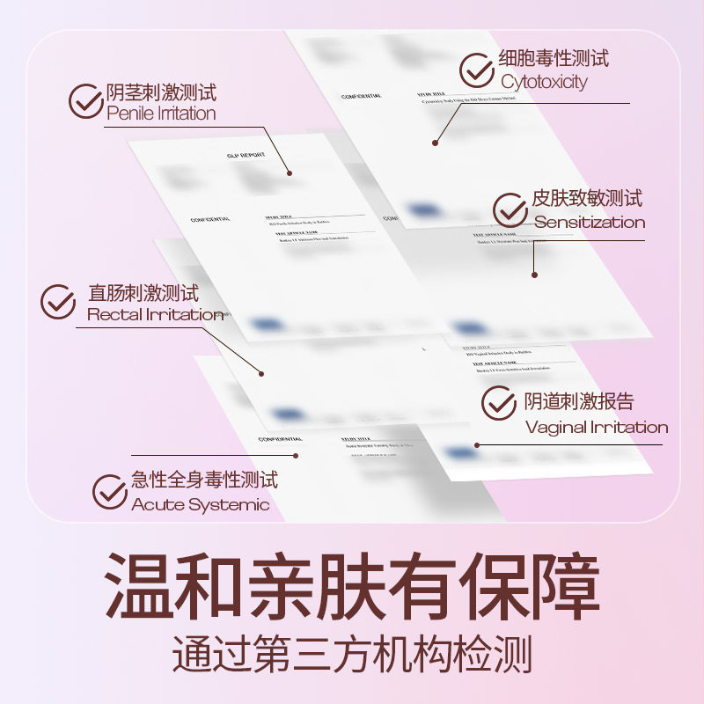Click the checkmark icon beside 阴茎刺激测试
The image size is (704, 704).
click(x=85, y=101)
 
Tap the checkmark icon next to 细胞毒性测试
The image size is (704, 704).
click(x=477, y=70)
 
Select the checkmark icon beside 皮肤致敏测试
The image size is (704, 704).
click(x=510, y=210)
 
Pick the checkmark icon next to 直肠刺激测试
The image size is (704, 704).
click(x=58, y=302)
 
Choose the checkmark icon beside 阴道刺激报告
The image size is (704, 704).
click(x=498, y=403)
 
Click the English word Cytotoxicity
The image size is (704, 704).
click(x=544, y=82)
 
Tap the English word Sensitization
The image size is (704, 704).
click(x=590, y=223)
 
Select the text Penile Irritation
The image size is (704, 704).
click(x=161, y=114)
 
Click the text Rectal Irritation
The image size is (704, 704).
click(x=155, y=314)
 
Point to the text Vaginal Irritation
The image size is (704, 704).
click(x=597, y=428)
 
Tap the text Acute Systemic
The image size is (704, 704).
click(x=201, y=504)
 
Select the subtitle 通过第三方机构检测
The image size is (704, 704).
click(x=352, y=656)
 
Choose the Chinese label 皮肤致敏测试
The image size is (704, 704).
click(x=587, y=198)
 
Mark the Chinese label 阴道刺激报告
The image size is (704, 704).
click(x=579, y=401)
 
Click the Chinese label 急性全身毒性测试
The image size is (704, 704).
click(x=204, y=480)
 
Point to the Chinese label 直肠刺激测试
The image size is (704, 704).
click(x=143, y=291)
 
